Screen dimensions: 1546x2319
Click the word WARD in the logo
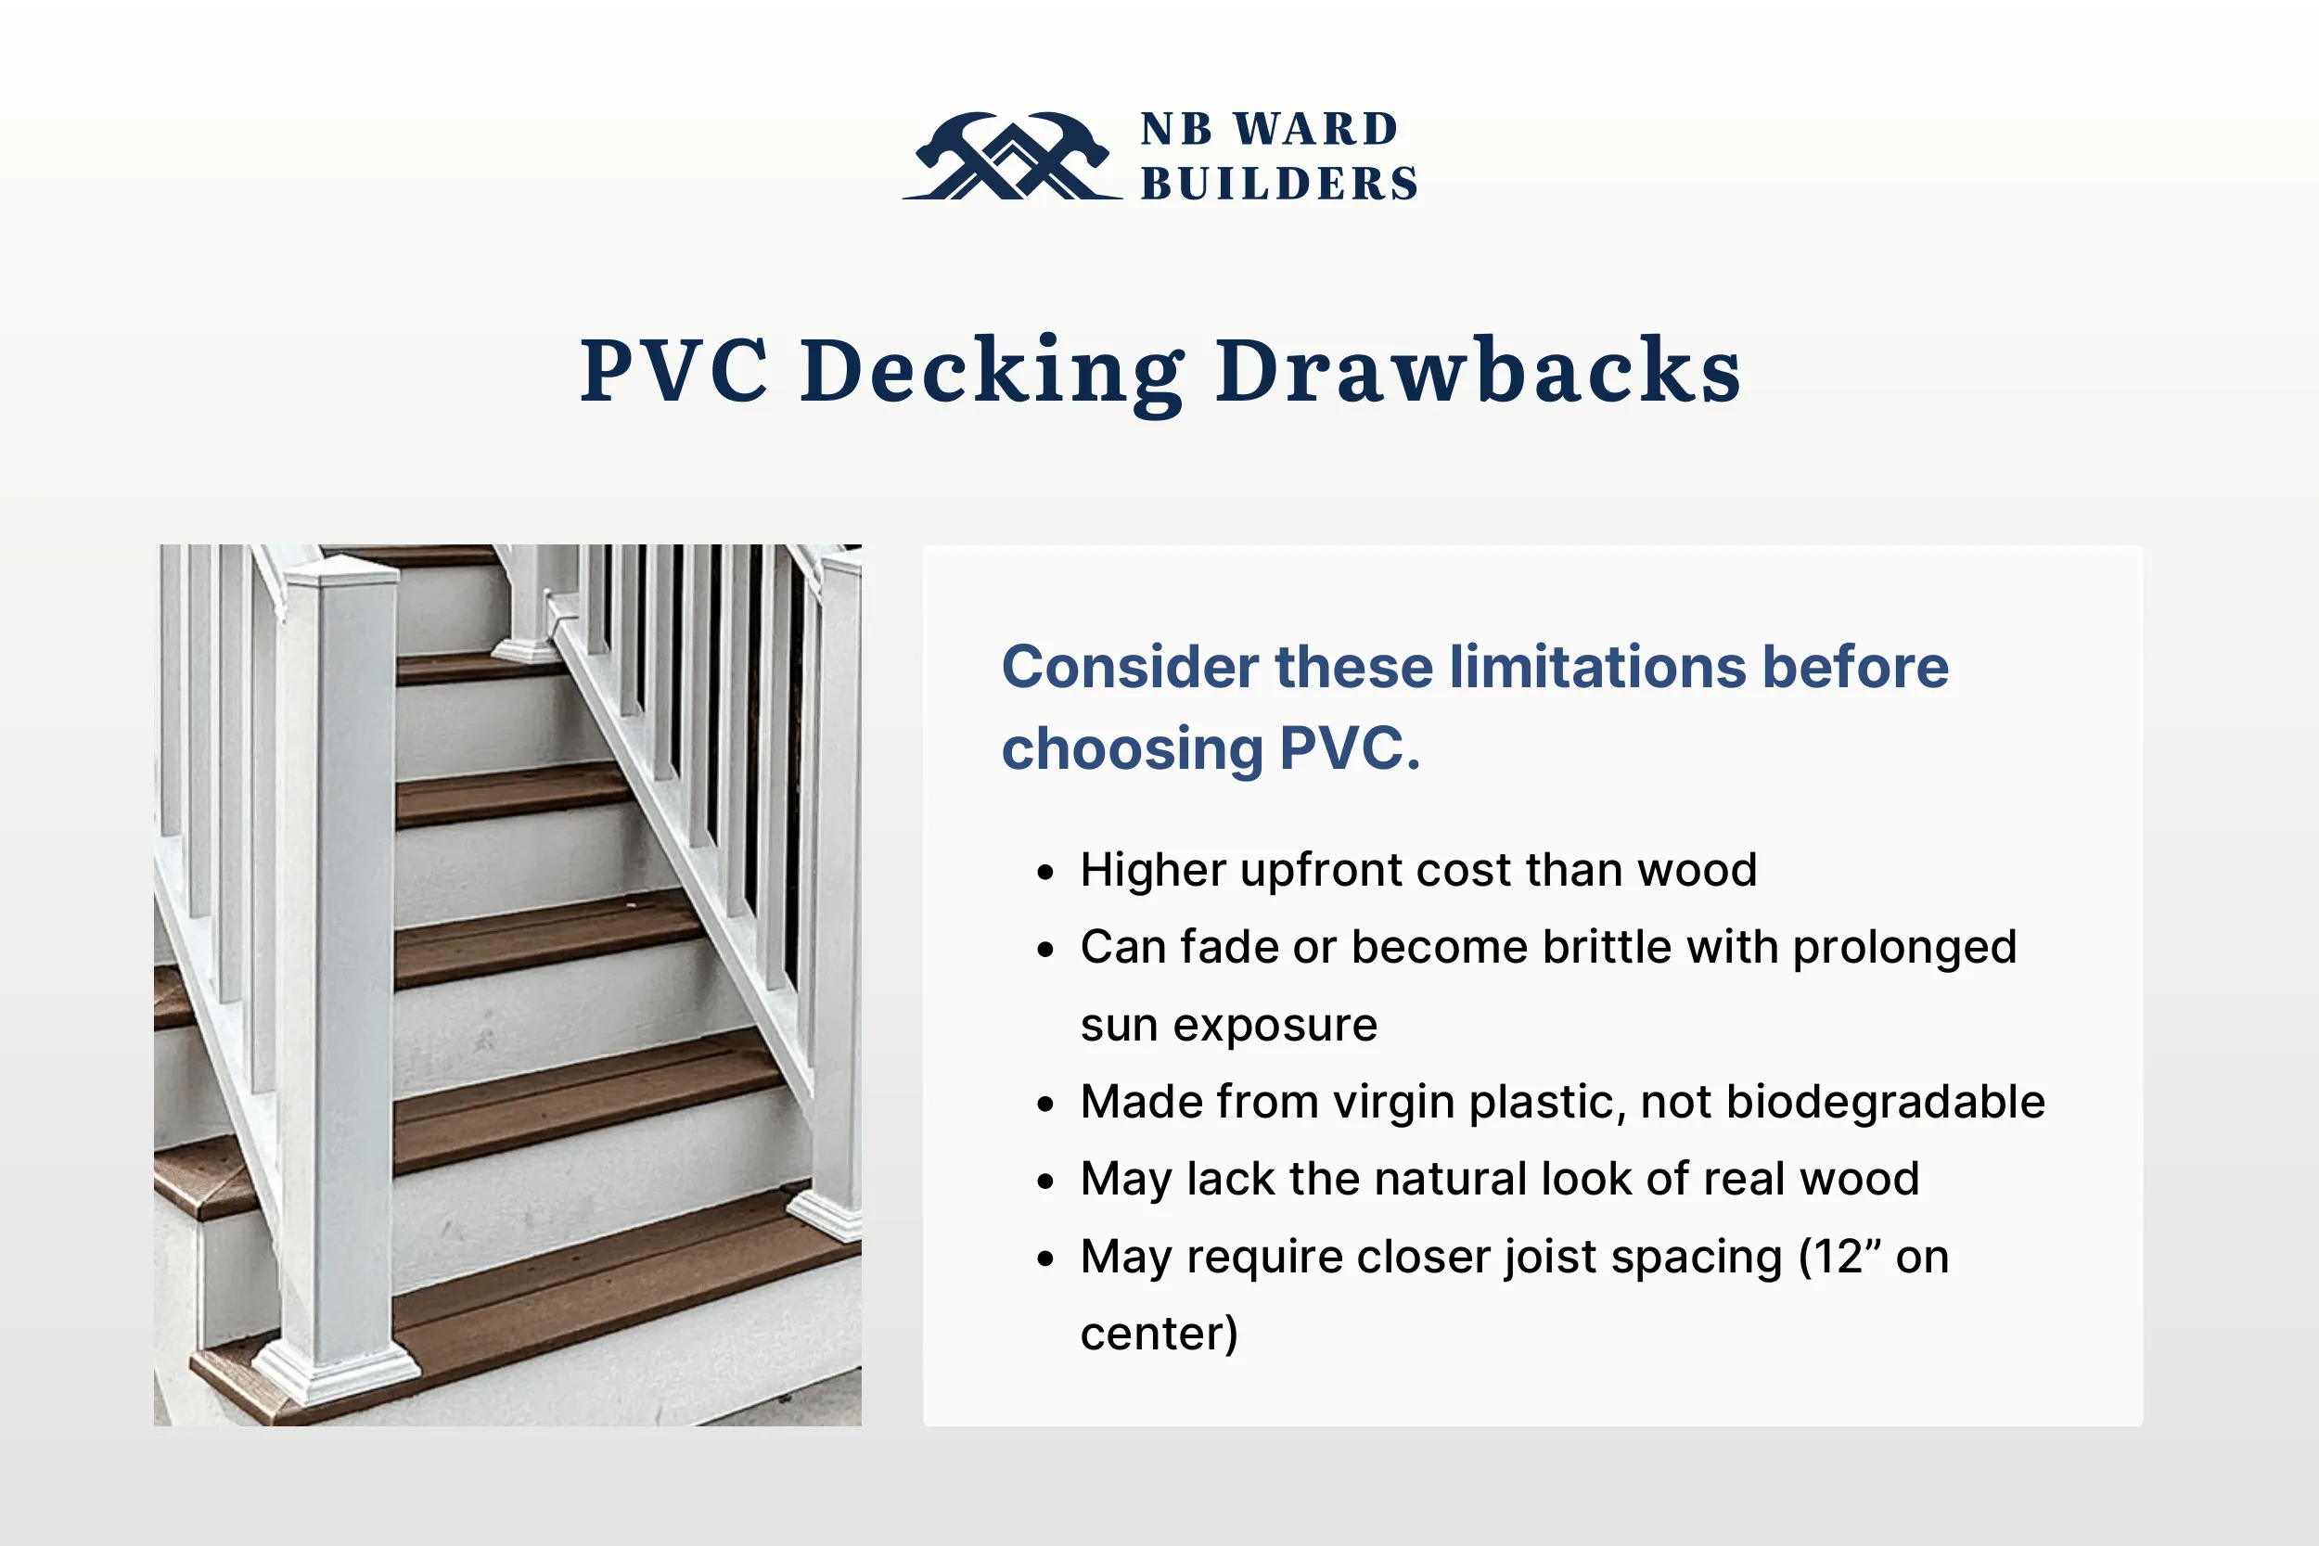(x=1316, y=129)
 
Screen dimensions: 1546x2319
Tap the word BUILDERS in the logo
(x=1279, y=185)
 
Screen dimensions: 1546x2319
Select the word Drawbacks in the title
(x=1478, y=372)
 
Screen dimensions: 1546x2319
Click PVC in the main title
(x=673, y=372)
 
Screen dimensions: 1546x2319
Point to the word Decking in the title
(x=991, y=372)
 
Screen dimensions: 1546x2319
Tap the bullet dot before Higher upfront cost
(x=1046, y=873)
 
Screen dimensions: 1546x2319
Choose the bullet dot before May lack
(x=1046, y=1182)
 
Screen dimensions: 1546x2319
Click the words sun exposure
(x=1228, y=1026)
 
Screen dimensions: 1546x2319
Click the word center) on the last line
(x=1159, y=1334)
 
